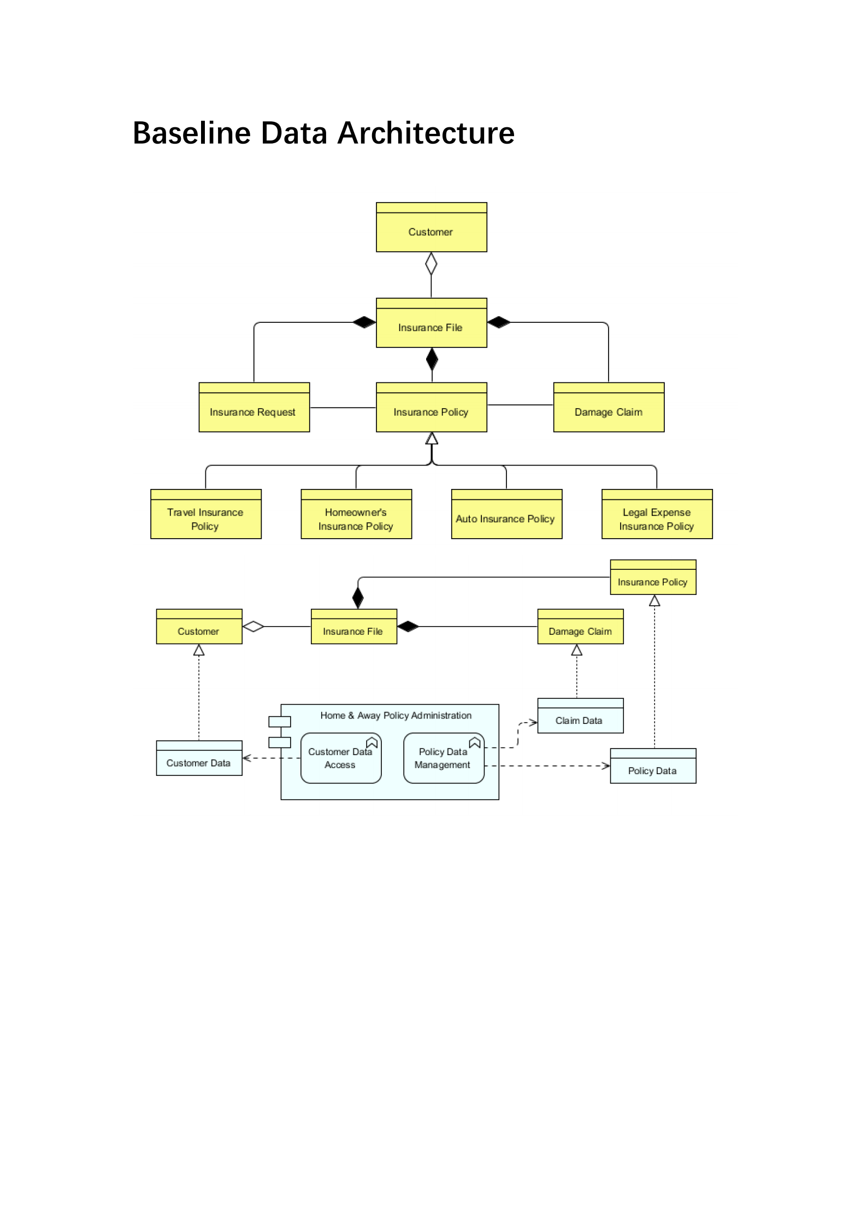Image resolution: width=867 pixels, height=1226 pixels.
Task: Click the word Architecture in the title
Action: pos(426,133)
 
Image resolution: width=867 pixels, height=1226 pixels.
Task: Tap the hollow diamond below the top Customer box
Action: pos(431,264)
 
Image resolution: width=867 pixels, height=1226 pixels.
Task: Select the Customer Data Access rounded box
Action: pos(341,758)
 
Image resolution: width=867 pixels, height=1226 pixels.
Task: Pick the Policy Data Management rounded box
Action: pos(444,758)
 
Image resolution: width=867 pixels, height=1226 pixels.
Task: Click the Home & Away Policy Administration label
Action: pos(396,716)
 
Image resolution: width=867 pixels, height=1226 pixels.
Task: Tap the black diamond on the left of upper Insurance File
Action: pos(364,322)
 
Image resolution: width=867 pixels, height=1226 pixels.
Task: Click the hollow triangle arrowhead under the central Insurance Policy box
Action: pos(432,439)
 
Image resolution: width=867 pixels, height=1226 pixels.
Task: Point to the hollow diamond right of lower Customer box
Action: pos(253,627)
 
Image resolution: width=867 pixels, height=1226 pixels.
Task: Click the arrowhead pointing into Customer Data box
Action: pos(246,758)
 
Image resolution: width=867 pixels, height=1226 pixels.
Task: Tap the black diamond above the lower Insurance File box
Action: pos(358,598)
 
